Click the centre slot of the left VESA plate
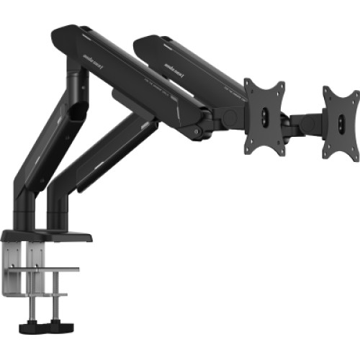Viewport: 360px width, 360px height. pyautogui.click(x=264, y=117)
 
